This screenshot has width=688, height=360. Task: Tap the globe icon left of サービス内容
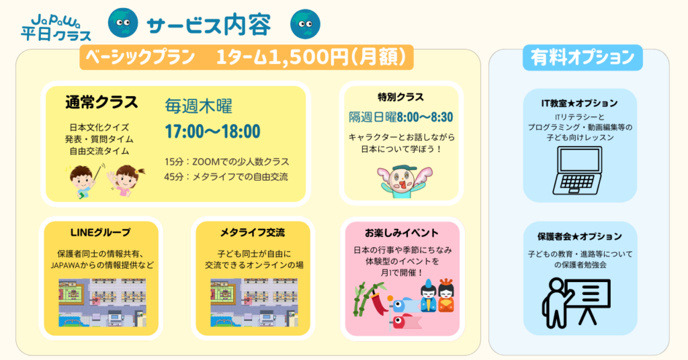point(124,23)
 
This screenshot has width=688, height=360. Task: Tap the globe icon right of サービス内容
point(306,24)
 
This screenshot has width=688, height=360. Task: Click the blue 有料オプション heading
point(583,58)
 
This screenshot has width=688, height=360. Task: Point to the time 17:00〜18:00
point(212,132)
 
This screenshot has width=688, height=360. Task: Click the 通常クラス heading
point(101,102)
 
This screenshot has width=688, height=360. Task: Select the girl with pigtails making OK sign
point(124,180)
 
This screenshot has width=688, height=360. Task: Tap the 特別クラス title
point(400,97)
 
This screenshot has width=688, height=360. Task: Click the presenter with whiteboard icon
point(576,302)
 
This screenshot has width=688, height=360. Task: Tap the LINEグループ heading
point(101,232)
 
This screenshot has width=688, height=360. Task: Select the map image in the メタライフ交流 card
point(254,302)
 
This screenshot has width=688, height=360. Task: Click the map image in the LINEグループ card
point(102,302)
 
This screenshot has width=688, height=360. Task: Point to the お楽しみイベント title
point(402,233)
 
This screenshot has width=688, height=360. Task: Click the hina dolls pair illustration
point(437,296)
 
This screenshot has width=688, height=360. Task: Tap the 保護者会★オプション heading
point(580,236)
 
